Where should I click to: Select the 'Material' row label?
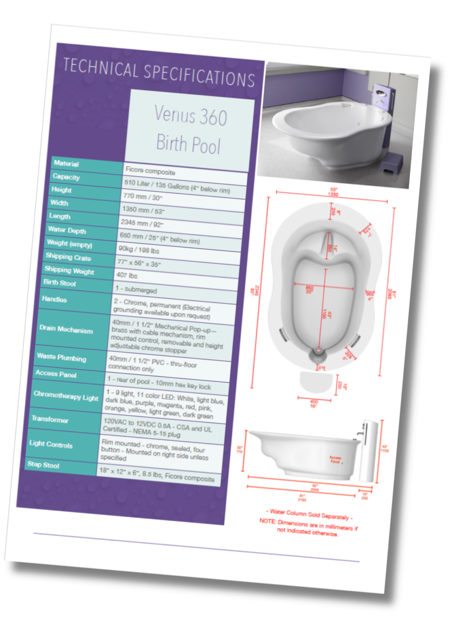click(x=66, y=163)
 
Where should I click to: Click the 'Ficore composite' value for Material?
click(x=150, y=171)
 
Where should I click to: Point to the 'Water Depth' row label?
click(x=67, y=230)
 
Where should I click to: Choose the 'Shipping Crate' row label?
click(x=68, y=258)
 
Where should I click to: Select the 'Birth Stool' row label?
click(x=60, y=283)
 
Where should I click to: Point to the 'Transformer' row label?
click(x=50, y=419)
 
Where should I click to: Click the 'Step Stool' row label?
click(x=43, y=465)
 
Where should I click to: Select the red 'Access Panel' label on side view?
click(x=335, y=459)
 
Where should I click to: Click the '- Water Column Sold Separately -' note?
click(x=309, y=514)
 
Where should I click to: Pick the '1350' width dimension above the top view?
click(x=333, y=194)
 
